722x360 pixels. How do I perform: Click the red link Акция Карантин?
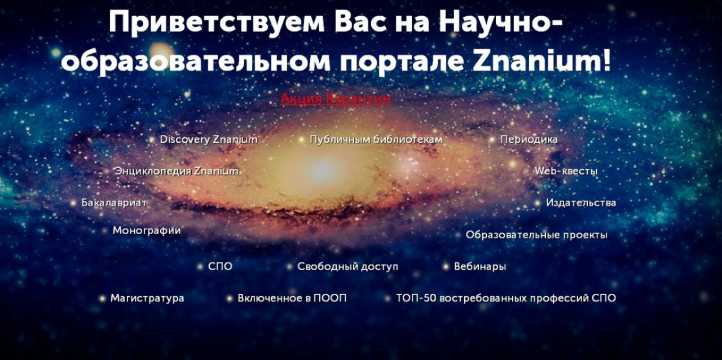coord(336,99)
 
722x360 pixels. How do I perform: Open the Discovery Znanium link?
coord(208,139)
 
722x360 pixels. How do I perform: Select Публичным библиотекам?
coord(376,139)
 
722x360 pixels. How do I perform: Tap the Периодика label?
coord(529,139)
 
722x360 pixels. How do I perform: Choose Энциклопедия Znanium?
coord(176,171)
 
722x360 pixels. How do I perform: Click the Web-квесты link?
coord(566,171)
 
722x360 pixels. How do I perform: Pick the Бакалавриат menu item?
coord(114,203)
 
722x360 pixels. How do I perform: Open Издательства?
coord(581,203)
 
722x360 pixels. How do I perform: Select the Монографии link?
coord(147,231)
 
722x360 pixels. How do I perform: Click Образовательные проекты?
coord(536,235)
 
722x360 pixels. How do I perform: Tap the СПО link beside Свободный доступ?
coord(220,267)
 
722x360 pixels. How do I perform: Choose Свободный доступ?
coord(347,267)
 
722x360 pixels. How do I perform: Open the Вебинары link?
coord(480,267)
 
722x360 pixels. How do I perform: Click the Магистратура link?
coord(147,298)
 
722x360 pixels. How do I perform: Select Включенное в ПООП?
coord(292,298)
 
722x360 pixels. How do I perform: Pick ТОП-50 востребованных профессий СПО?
coord(506,298)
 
